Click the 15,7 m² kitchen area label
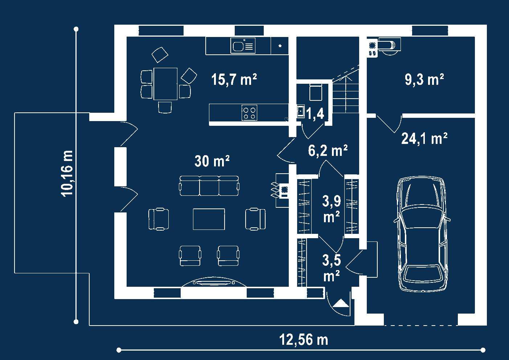click(x=234, y=79)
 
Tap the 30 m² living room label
click(x=212, y=161)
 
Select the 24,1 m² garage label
click(x=424, y=138)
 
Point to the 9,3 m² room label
click(x=424, y=79)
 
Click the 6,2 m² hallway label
click(x=328, y=150)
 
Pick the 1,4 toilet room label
click(x=315, y=113)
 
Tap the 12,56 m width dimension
click(x=304, y=340)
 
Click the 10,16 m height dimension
click(x=67, y=174)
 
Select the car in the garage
click(x=422, y=234)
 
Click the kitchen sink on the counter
click(x=243, y=46)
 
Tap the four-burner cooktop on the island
click(x=249, y=113)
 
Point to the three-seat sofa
click(x=209, y=186)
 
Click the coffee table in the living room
click(x=209, y=219)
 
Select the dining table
click(x=165, y=84)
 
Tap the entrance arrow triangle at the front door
click(x=341, y=303)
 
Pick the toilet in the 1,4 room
click(x=316, y=92)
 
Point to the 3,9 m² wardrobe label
click(x=332, y=209)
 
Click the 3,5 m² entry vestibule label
click(x=332, y=268)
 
